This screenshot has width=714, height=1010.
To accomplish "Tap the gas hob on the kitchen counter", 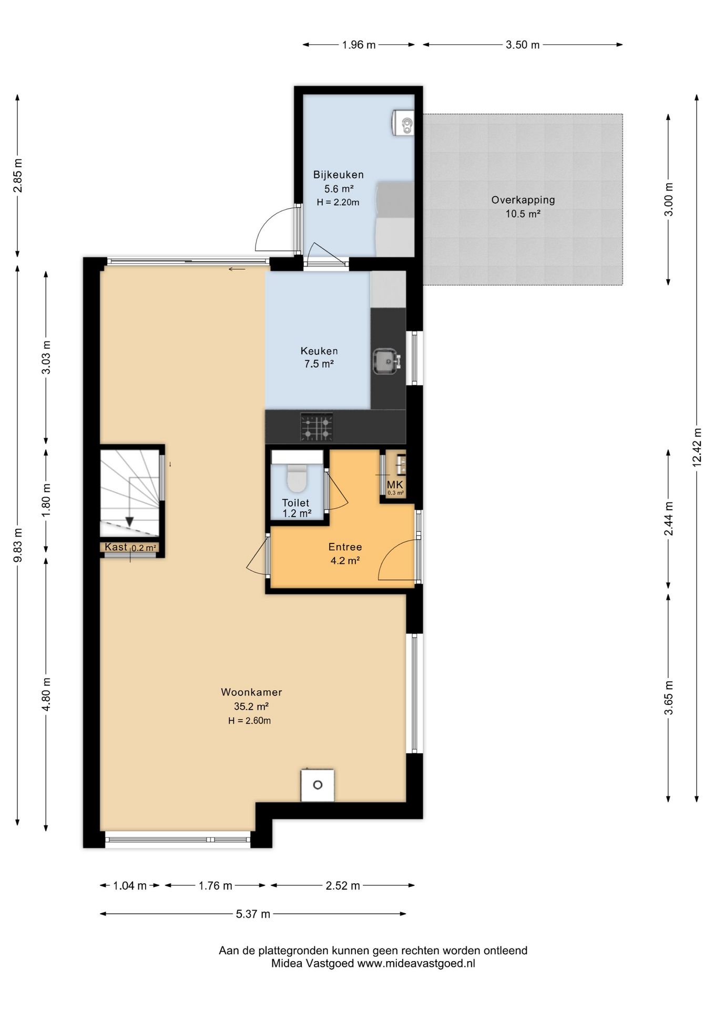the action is (317, 427).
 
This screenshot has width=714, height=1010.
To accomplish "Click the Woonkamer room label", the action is (251, 692).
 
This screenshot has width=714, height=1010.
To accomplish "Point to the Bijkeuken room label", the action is (339, 175).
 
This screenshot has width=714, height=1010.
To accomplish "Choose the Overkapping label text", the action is (523, 200).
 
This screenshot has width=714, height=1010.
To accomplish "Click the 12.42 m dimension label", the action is (697, 447).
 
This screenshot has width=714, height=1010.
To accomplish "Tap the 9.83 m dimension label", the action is (18, 545).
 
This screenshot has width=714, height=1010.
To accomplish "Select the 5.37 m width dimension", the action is (253, 914).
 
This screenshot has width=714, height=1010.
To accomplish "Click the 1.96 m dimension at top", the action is (359, 45).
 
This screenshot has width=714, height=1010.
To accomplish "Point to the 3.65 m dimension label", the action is (669, 698).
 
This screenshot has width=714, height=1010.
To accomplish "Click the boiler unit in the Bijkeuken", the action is (404, 123).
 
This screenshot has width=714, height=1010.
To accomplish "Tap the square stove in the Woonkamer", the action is (318, 785).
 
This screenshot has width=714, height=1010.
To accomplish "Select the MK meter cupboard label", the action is (395, 484).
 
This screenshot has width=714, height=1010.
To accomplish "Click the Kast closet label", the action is (116, 547).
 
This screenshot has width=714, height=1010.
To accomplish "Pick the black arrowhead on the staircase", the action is (129, 522).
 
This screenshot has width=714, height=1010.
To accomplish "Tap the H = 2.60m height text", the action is (249, 721).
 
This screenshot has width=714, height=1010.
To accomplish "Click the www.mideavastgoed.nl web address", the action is (416, 964).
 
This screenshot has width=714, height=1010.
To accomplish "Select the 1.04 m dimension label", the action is (130, 886).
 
